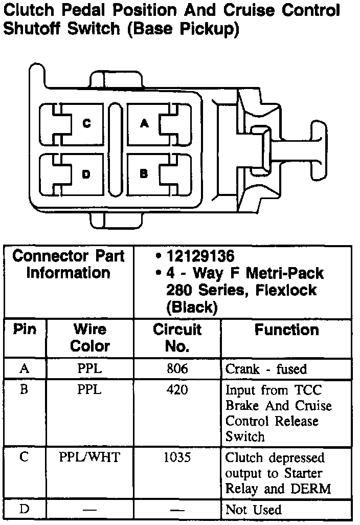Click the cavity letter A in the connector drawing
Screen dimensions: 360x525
pos(144,123)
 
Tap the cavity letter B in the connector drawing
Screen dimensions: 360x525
pos(144,173)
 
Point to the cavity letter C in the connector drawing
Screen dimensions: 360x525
pos(86,123)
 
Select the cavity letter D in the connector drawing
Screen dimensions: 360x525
pos(86,174)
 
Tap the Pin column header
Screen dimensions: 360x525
pos(25,329)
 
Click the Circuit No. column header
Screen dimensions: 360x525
pos(177,338)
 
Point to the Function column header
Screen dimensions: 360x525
pos(286,330)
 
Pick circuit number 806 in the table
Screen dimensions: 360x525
pos(177,368)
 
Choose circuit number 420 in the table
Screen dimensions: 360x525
pos(177,390)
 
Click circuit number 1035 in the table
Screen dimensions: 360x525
pos(177,457)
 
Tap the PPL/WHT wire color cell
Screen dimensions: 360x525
pos(89,457)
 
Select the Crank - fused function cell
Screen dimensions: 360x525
pos(266,369)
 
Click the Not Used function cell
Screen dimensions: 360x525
pos(254,510)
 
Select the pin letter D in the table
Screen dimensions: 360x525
pos(24,509)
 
